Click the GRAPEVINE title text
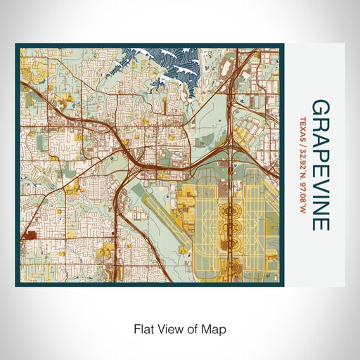319,166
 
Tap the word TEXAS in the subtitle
303,129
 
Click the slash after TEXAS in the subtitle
303,146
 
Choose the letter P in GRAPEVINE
319,152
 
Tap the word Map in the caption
215,328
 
